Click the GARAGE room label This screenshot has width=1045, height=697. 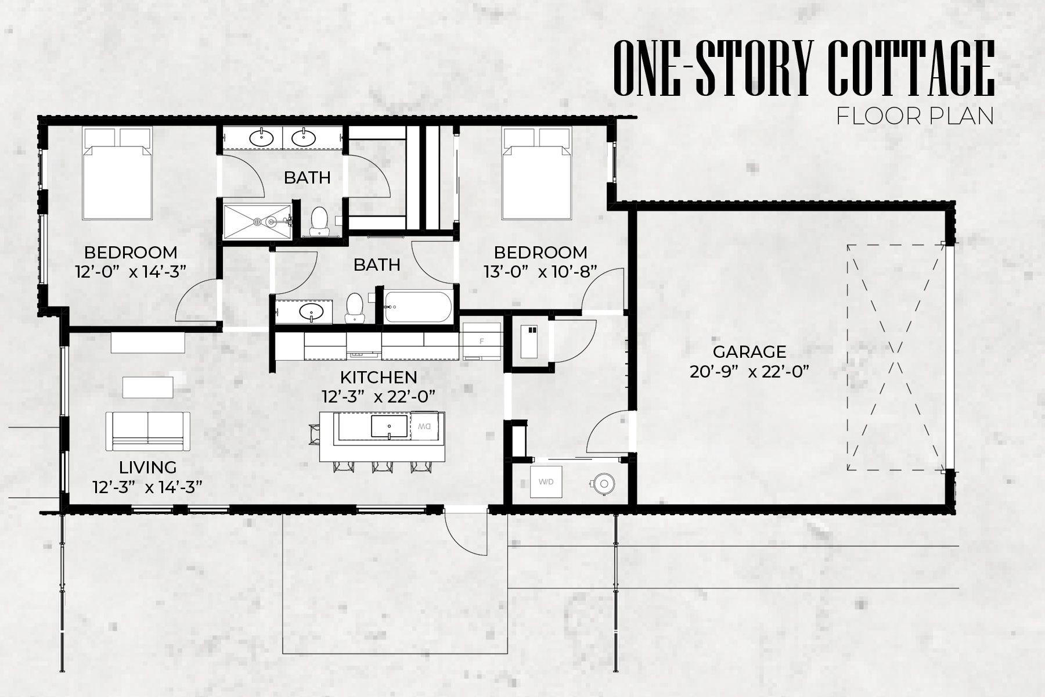pyautogui.click(x=749, y=351)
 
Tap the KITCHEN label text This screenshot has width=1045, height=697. pyautogui.click(x=379, y=377)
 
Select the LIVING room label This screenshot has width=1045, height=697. pyautogui.click(x=147, y=467)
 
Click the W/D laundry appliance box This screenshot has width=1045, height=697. pyautogui.click(x=546, y=482)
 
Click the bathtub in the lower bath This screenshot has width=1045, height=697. pyautogui.click(x=417, y=307)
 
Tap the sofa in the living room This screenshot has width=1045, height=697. pyautogui.click(x=148, y=432)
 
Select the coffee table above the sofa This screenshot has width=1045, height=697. pyautogui.click(x=148, y=387)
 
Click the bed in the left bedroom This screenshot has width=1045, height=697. pyautogui.click(x=118, y=174)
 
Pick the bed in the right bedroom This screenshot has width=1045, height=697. pyautogui.click(x=537, y=174)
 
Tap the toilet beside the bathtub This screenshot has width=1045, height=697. pyautogui.click(x=354, y=308)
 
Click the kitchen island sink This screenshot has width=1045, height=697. pyautogui.click(x=390, y=426)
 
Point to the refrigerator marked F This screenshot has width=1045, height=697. pyautogui.click(x=481, y=341)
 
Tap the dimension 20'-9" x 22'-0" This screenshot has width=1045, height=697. pyautogui.click(x=749, y=371)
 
